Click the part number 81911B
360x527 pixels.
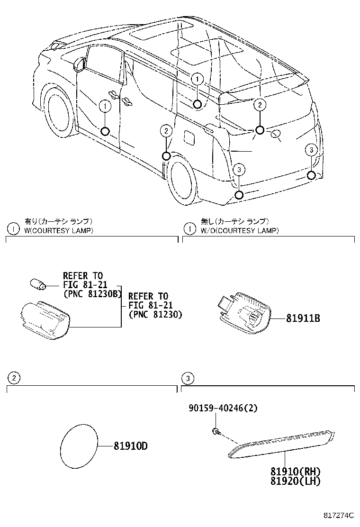[x=303, y=319]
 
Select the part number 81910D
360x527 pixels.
[x=130, y=446]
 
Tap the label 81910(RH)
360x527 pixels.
[x=296, y=472]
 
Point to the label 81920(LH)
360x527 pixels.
[x=296, y=481]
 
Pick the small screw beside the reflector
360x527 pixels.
[x=216, y=431]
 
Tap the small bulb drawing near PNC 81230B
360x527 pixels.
[x=38, y=284]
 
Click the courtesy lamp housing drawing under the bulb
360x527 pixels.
[x=45, y=320]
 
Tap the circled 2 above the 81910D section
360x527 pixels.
[x=14, y=378]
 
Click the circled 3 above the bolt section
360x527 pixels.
[x=188, y=378]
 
